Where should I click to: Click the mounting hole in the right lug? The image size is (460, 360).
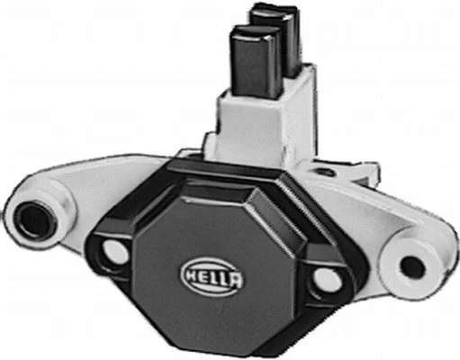412,266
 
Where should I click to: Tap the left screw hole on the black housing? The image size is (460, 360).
115,251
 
